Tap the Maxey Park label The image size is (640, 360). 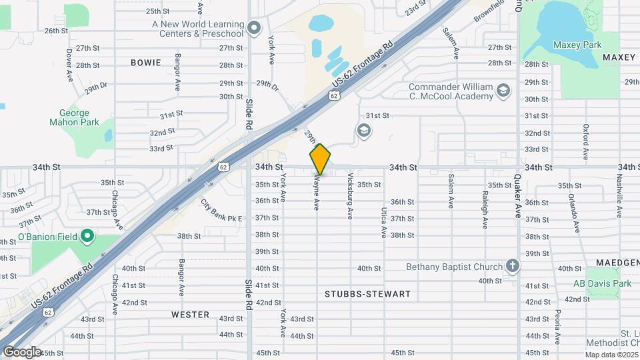pyautogui.click(x=577, y=45)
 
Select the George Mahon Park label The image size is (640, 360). pyautogui.click(x=74, y=117)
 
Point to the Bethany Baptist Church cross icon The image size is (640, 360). pyautogui.click(x=512, y=266)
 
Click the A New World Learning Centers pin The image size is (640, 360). pyautogui.click(x=253, y=28)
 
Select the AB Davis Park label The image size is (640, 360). pyautogui.click(x=602, y=283)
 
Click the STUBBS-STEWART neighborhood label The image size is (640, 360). pyautogui.click(x=367, y=294)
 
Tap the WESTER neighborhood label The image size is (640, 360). pyautogui.click(x=190, y=314)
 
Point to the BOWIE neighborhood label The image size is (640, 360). pyautogui.click(x=146, y=63)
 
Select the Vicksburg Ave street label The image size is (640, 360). pyautogui.click(x=349, y=196)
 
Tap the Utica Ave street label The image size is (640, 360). pyautogui.click(x=384, y=223)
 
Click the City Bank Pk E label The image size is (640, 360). pyautogui.click(x=221, y=209)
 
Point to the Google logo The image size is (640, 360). pyautogui.click(x=22, y=351)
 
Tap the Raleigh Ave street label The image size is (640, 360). pyautogui.click(x=485, y=207)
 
